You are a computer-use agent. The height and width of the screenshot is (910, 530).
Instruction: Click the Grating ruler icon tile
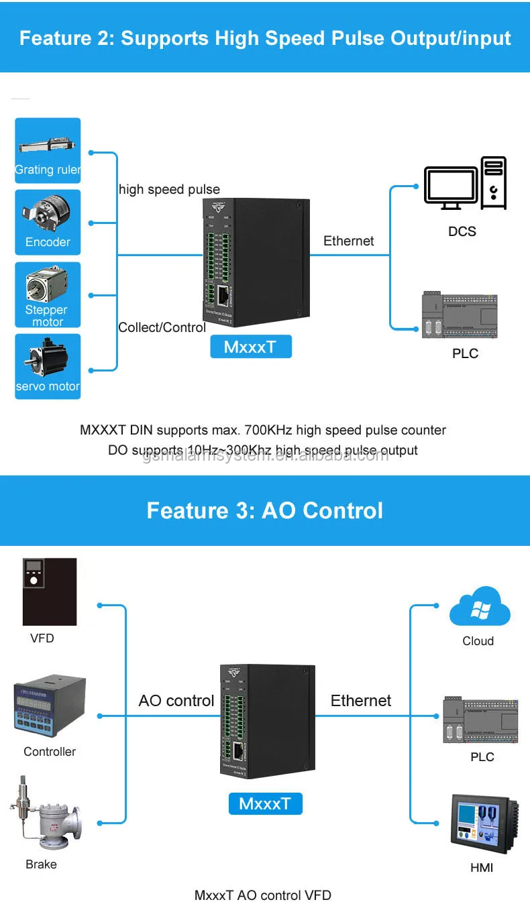pos(48,150)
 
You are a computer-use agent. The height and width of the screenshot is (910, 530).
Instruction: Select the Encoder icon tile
pos(48,222)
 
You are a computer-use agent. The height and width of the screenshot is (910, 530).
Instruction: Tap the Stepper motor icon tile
pos(48,294)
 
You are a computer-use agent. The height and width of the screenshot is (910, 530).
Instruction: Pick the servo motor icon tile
pos(48,366)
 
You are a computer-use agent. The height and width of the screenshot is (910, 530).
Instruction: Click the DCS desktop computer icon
pos(465,184)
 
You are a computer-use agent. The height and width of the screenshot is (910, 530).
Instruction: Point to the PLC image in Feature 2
pos(461,315)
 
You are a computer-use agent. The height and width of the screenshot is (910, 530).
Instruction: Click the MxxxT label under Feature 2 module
pos(251,347)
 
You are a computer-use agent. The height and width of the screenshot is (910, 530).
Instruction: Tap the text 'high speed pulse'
pos(169,189)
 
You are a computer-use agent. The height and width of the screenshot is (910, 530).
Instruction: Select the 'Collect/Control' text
pos(162,327)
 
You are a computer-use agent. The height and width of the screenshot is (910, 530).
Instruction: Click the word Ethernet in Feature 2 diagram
pos(348,241)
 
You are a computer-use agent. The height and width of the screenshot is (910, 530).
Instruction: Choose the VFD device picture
pos(50,591)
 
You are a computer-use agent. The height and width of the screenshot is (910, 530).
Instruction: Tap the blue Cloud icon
pos(479,606)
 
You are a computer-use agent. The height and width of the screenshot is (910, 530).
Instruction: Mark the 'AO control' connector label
pos(176,701)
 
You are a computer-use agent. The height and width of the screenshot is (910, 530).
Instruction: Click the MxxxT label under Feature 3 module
pos(265,803)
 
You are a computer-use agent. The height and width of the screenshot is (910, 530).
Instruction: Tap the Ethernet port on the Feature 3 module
pos(240,752)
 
